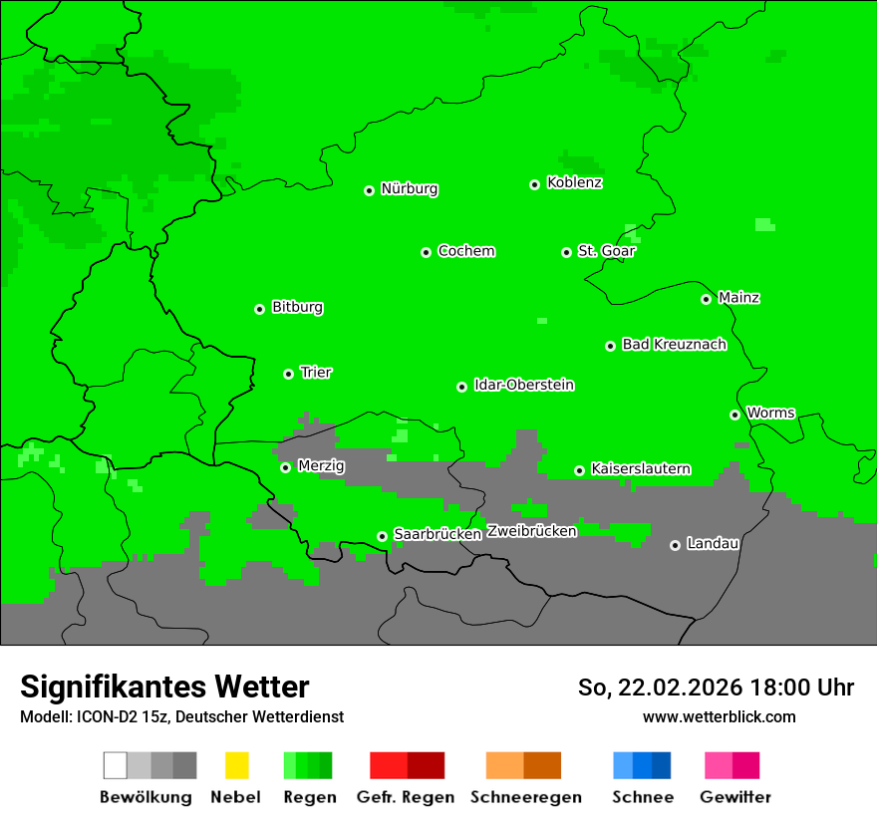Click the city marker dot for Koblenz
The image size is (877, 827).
pyautogui.click(x=535, y=184)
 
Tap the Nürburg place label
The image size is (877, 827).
pyautogui.click(x=409, y=189)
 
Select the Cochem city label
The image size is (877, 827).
pyautogui.click(x=466, y=251)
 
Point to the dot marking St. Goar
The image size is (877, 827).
pyautogui.click(x=566, y=252)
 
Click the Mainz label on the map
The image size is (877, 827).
pyautogui.click(x=738, y=298)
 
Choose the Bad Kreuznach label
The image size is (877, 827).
pyautogui.click(x=674, y=345)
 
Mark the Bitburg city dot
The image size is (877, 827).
pyautogui.click(x=260, y=309)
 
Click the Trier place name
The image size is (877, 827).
pyautogui.click(x=316, y=373)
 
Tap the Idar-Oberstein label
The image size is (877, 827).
pyautogui.click(x=524, y=386)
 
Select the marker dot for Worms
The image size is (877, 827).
pyautogui.click(x=734, y=414)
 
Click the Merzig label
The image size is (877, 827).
pyautogui.click(x=321, y=466)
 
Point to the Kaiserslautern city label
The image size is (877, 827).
pyautogui.click(x=641, y=469)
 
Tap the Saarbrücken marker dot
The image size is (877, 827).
pyautogui.click(x=382, y=536)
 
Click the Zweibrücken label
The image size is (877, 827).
pyautogui.click(x=532, y=532)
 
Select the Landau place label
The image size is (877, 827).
pyautogui.click(x=713, y=544)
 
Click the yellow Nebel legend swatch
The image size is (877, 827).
pyautogui.click(x=236, y=765)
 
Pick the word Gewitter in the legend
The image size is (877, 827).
pyautogui.click(x=735, y=797)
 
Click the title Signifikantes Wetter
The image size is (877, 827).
pyautogui.click(x=164, y=688)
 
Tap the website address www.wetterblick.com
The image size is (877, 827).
pyautogui.click(x=720, y=717)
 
